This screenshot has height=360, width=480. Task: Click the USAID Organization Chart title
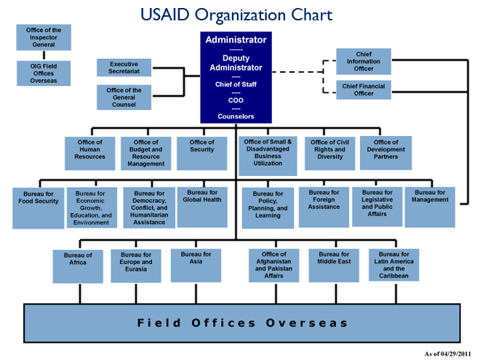239,14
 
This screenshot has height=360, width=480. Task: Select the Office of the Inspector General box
44,37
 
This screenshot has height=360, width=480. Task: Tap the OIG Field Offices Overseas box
44,73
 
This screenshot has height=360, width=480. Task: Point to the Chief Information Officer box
364,62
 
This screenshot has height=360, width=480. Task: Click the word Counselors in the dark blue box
236,116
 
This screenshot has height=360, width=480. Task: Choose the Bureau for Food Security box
38,207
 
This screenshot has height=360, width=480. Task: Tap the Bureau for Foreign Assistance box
324,207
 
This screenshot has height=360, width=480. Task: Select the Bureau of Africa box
79,265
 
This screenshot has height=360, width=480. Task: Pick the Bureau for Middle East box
335,265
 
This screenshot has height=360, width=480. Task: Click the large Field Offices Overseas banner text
244,323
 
